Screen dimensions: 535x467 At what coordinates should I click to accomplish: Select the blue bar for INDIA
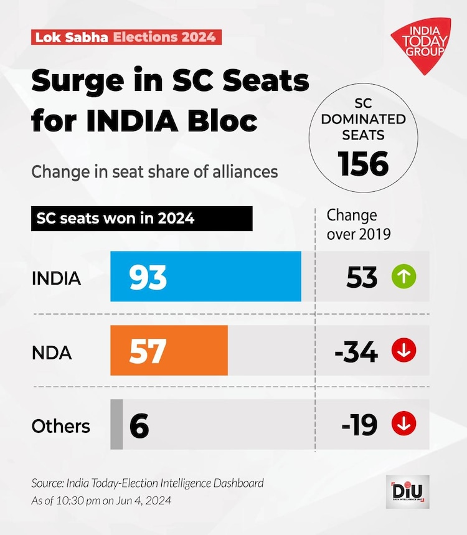coord(205,277)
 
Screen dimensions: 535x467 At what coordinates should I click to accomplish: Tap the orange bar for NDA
coord(169,351)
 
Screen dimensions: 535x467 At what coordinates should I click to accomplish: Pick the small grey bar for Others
coord(116,425)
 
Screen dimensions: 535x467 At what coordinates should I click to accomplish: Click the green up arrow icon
coord(403,277)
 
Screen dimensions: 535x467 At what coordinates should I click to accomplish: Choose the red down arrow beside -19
coord(403,425)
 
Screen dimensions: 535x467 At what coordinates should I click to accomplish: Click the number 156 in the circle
coord(364,163)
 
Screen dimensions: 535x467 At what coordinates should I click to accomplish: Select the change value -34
coord(356,353)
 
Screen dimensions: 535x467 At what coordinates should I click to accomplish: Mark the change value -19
coord(359,425)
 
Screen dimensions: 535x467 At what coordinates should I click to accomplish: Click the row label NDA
coord(52,353)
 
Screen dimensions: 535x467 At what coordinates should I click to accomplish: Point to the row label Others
coord(61,426)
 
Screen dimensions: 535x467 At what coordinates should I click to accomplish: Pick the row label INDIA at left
coord(56,278)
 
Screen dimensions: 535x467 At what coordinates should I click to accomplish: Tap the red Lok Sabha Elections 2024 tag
coord(125,37)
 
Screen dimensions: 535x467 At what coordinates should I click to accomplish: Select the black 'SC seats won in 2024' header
coord(141,219)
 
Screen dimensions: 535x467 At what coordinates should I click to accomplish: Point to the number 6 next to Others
coord(139,426)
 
